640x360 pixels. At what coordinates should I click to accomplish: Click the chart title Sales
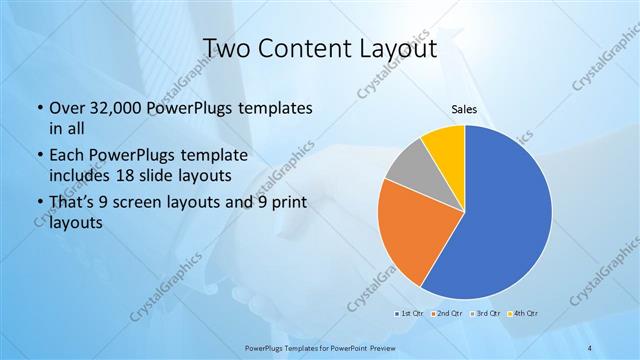coord(464,110)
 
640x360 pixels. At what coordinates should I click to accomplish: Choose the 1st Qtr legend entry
coord(410,313)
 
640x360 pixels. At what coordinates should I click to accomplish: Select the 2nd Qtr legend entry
coord(446,313)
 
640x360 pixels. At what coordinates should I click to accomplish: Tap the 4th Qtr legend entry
coord(523,313)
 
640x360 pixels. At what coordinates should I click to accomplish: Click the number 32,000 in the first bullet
coord(113,108)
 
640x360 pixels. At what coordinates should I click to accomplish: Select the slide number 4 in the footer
coord(591,347)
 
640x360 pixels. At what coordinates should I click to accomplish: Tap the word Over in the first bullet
coord(65,108)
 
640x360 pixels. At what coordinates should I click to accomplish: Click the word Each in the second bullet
coord(66,156)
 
